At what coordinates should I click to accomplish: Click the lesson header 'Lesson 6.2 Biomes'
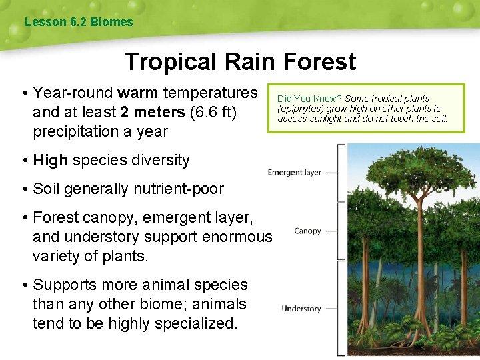pos(79,22)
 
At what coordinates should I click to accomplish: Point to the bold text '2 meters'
pos(153,111)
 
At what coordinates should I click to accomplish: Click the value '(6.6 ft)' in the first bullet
pos(214,111)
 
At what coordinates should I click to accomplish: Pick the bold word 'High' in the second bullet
pos(51,160)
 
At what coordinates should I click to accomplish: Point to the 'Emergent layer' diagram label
pos(294,173)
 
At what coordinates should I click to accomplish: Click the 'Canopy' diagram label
pos(307,231)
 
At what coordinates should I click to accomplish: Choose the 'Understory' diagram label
pos(301,309)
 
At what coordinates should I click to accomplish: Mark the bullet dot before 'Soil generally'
pos(24,189)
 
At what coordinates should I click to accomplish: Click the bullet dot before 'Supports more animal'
pos(24,285)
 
